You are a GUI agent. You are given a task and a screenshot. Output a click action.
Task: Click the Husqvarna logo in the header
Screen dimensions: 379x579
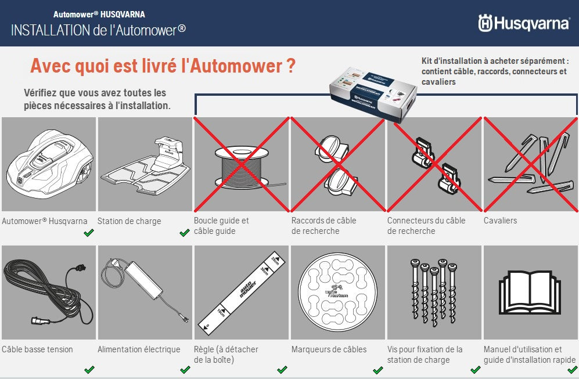[x=523, y=23]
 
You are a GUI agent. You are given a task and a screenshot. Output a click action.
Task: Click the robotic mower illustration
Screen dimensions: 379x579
[x=49, y=164]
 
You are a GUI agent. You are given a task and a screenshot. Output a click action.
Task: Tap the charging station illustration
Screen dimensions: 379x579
[x=145, y=164]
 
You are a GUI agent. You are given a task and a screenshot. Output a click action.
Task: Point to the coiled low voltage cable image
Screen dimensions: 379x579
[x=48, y=292]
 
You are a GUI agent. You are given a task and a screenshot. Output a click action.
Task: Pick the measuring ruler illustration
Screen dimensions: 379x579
[x=241, y=292]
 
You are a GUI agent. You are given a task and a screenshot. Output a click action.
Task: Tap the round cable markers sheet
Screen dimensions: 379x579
[x=337, y=292]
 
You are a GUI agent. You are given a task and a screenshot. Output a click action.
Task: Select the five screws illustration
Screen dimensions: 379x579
[x=433, y=284]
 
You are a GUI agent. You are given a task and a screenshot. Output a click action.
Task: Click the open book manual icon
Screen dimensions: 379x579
[x=530, y=292]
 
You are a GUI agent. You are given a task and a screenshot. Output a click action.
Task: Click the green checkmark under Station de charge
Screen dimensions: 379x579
[x=185, y=233]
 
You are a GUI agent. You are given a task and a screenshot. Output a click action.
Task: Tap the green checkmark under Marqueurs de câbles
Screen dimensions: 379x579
[x=377, y=370]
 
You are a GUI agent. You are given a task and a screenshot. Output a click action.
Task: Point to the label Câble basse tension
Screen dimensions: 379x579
[x=38, y=349]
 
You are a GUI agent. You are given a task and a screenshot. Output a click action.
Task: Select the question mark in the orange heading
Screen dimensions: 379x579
[x=290, y=66]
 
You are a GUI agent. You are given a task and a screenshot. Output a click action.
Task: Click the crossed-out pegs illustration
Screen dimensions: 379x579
[x=530, y=164]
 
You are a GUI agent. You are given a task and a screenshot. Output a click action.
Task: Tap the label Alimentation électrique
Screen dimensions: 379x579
[x=139, y=349]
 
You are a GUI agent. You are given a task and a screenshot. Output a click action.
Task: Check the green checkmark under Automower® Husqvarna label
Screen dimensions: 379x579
[x=88, y=233]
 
